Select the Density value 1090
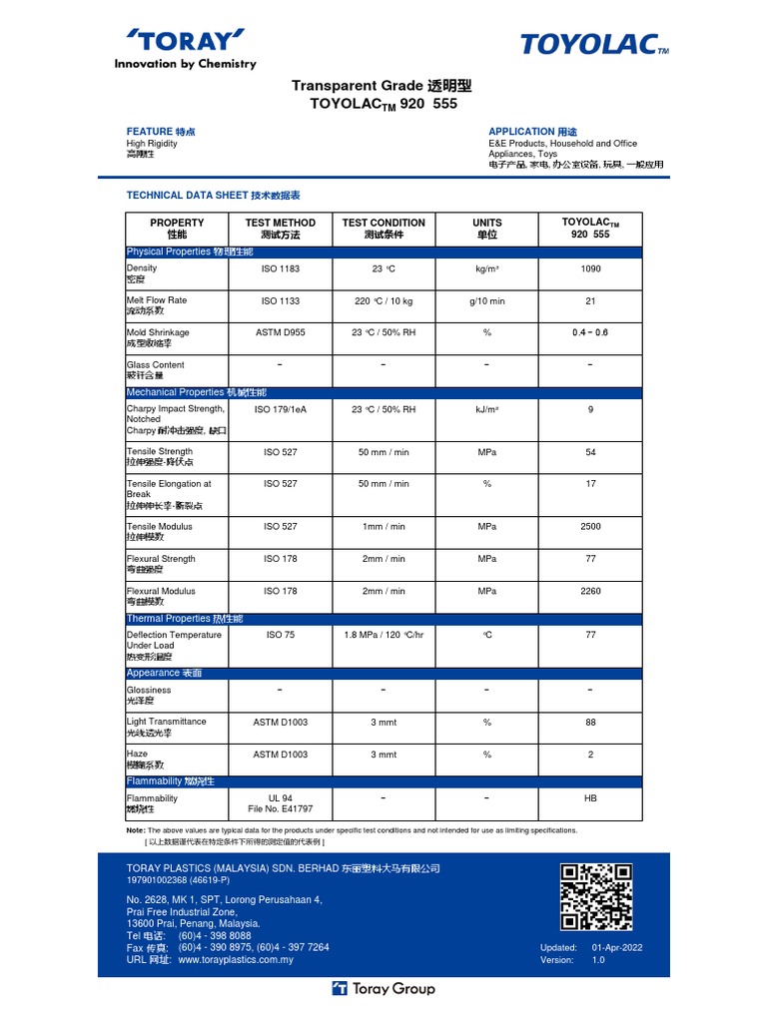pyautogui.click(x=590, y=268)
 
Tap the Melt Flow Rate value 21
pyautogui.click(x=590, y=300)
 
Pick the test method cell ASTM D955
pyautogui.click(x=280, y=332)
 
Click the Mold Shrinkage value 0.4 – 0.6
pyautogui.click(x=590, y=332)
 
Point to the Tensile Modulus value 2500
pyautogui.click(x=590, y=526)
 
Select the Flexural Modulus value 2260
pyautogui.click(x=590, y=591)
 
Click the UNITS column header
pyautogui.click(x=487, y=229)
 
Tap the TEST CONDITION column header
pyautogui.click(x=383, y=229)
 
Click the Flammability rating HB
pyautogui.click(x=590, y=798)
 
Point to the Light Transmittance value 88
pyautogui.click(x=590, y=722)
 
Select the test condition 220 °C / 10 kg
pyautogui.click(x=383, y=300)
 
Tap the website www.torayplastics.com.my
pyautogui.click(x=236, y=960)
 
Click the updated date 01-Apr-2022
pyautogui.click(x=617, y=947)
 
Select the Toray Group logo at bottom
pyautogui.click(x=383, y=989)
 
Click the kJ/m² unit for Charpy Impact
pyautogui.click(x=487, y=408)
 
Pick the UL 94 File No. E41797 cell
pyautogui.click(x=280, y=803)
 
